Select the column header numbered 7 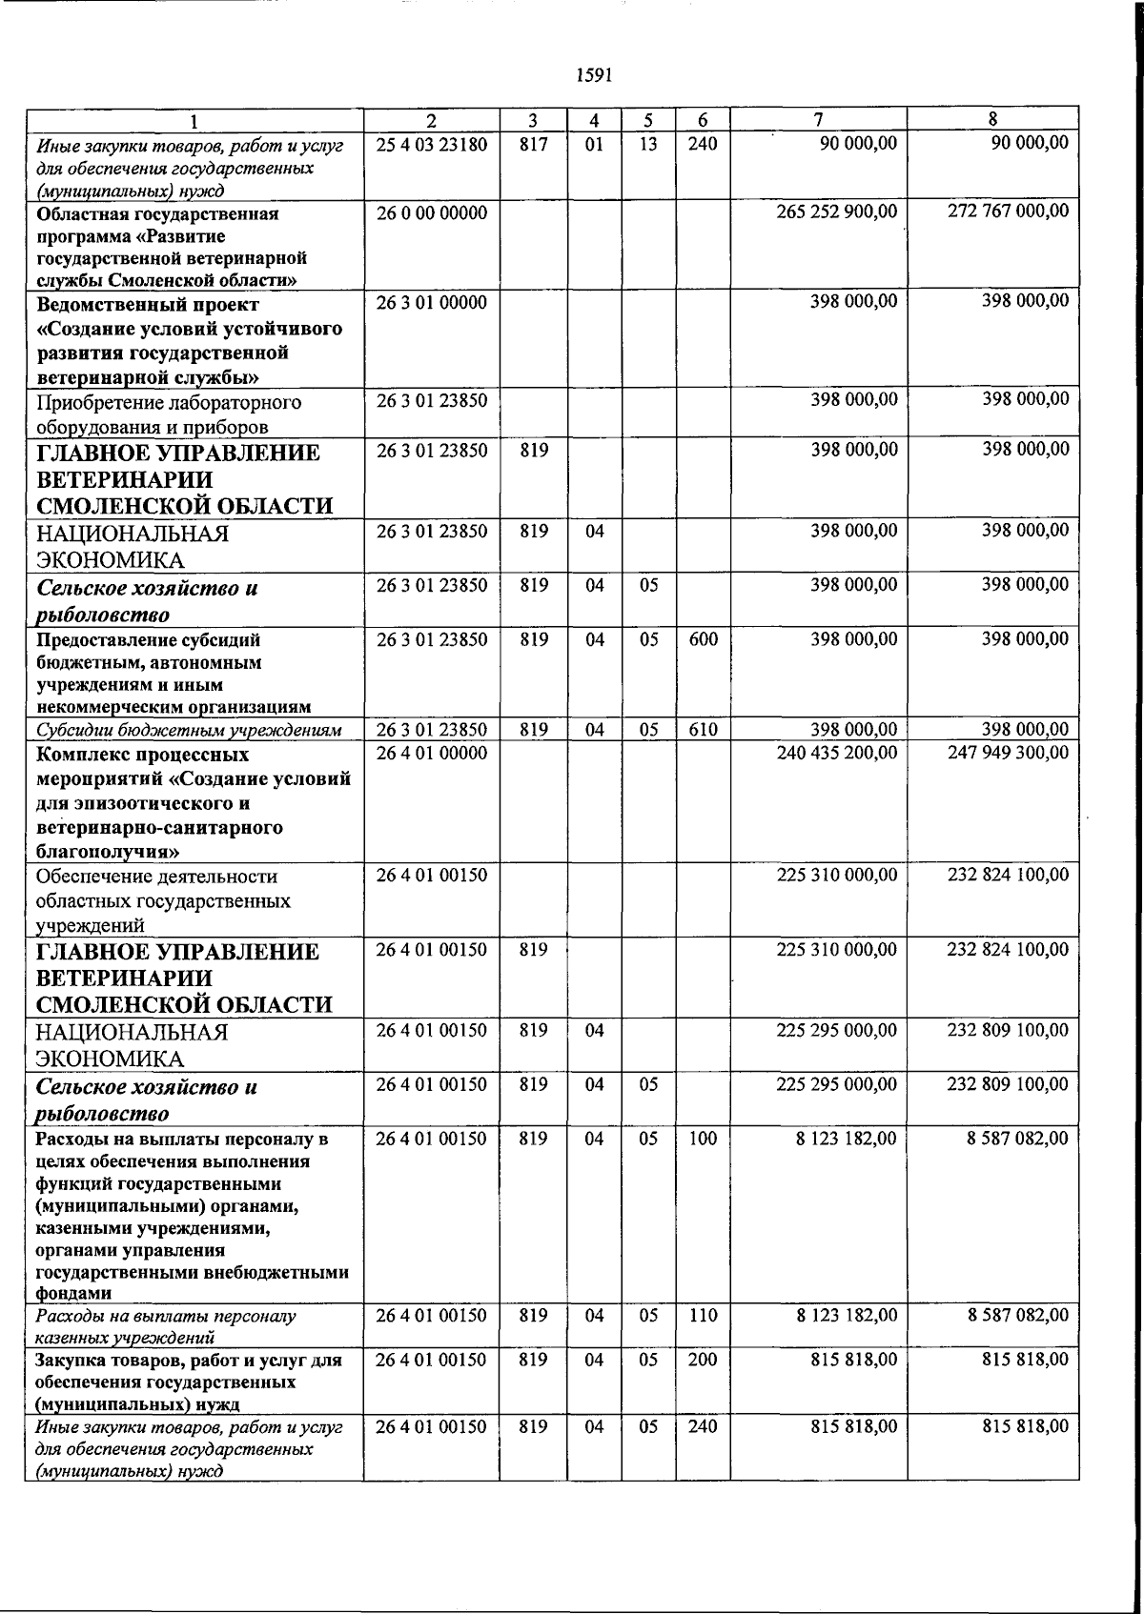click(818, 120)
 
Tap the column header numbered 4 click(594, 120)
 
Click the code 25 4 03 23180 click(431, 144)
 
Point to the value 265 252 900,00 click(837, 212)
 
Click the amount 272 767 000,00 click(1008, 212)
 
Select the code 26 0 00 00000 click(431, 212)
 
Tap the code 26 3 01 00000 click(431, 303)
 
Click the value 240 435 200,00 click(837, 754)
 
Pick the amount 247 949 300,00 click(1008, 754)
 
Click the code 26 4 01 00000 click(431, 754)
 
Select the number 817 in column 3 click(534, 144)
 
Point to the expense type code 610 click(703, 731)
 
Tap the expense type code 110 click(703, 1316)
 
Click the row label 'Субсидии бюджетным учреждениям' click(189, 731)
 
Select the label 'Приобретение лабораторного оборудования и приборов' click(169, 414)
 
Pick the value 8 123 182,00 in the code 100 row click(846, 1139)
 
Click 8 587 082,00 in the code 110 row click(1017, 1316)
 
